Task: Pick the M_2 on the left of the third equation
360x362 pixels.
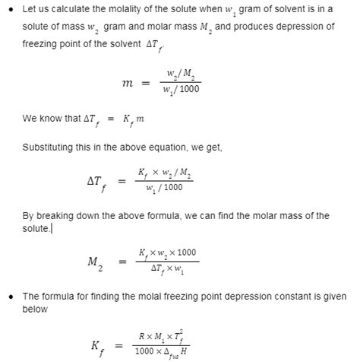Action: tap(94, 262)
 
